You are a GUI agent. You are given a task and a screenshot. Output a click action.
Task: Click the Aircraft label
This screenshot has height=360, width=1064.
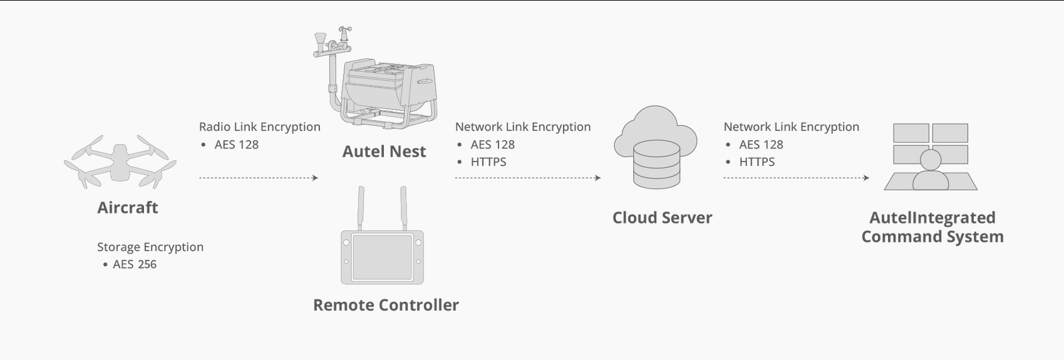coord(128,208)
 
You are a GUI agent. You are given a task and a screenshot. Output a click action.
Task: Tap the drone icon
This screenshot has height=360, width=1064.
coord(120,162)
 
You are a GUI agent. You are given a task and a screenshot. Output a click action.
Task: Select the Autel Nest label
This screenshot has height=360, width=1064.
coord(384,152)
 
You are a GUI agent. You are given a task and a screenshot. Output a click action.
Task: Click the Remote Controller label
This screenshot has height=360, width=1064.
coord(386,305)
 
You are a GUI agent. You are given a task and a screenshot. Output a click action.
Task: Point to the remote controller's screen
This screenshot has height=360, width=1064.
coord(382,257)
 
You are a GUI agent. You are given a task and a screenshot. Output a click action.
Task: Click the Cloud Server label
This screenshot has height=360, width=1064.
coord(662,218)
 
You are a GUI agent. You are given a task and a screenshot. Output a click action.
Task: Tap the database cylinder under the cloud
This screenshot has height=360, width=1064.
coord(656,164)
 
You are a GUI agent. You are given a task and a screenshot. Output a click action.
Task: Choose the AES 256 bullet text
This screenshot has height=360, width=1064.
coord(134,264)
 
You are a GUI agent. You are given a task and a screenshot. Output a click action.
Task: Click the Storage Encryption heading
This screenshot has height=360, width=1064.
coord(150,247)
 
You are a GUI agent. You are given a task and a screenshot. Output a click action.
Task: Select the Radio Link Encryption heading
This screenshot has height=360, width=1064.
coord(259,126)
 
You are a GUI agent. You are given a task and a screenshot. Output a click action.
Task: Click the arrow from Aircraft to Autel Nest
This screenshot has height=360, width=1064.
coord(259,178)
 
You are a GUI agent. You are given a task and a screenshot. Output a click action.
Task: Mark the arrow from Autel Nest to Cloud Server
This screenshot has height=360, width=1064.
coord(527,178)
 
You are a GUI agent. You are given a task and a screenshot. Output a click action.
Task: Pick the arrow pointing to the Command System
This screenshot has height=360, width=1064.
coord(796,178)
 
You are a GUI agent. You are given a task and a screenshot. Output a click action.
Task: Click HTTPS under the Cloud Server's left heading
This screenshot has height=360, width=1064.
coord(488,162)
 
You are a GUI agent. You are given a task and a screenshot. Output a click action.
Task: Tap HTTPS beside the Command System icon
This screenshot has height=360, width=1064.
coord(757,162)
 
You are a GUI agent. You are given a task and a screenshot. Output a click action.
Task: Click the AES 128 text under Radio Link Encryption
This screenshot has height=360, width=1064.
coord(236,144)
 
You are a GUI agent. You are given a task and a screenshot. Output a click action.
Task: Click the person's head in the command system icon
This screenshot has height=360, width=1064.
coord(930,160)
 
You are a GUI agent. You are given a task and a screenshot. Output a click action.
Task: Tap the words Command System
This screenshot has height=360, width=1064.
coord(932,237)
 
